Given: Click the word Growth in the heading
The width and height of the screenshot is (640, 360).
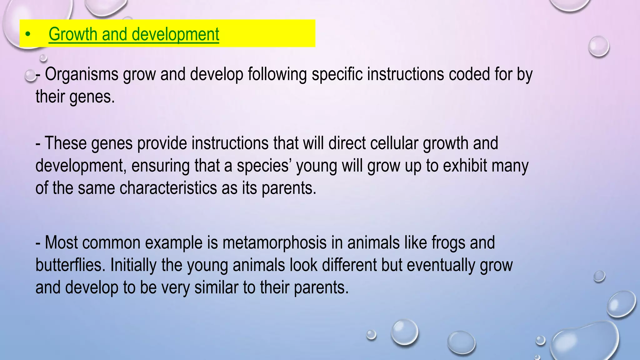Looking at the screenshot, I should pyautogui.click(x=73, y=34).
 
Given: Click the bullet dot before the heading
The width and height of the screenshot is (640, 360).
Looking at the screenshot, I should pyautogui.click(x=28, y=34).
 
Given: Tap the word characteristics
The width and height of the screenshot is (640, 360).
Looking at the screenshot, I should pyautogui.click(x=168, y=188).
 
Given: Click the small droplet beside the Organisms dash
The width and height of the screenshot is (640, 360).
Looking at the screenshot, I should pyautogui.click(x=30, y=76).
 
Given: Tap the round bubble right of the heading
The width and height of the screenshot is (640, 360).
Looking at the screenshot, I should pyautogui.click(x=598, y=47).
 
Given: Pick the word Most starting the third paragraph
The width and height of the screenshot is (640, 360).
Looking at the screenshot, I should pyautogui.click(x=61, y=243).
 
